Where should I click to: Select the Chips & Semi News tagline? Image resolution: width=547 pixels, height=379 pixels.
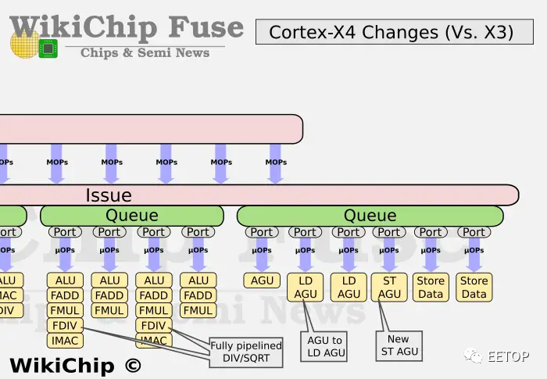[145, 52]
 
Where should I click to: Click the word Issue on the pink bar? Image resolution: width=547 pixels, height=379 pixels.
[108, 195]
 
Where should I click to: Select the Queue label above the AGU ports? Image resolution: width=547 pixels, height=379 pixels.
[370, 216]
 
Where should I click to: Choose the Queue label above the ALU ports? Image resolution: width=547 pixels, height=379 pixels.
[131, 216]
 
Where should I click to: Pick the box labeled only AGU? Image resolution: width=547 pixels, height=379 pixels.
[261, 281]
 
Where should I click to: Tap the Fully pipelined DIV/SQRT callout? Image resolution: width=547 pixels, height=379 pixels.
[246, 352]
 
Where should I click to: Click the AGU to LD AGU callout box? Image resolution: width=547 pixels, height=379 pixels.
[325, 346]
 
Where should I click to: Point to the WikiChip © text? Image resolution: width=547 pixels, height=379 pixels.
[75, 365]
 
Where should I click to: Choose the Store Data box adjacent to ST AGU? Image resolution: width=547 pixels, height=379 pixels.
[431, 288]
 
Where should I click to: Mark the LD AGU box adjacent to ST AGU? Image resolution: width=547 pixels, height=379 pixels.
[349, 288]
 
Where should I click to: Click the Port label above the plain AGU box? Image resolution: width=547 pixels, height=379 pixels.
[261, 232]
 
